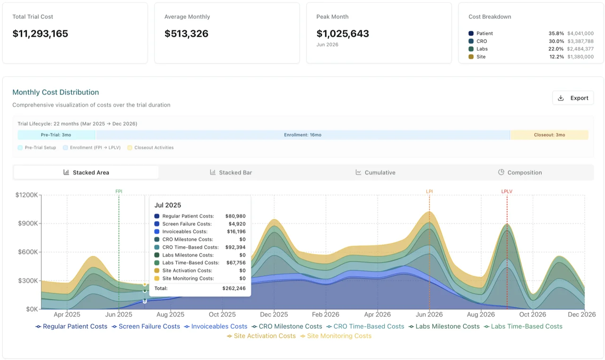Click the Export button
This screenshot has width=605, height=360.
click(573, 98)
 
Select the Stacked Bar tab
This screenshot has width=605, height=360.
click(231, 172)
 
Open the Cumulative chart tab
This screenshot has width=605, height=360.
click(376, 172)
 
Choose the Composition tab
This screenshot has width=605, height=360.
click(520, 172)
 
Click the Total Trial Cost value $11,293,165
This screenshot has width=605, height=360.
click(41, 34)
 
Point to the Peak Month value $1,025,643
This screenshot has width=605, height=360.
click(343, 34)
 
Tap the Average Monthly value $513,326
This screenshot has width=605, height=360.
click(186, 34)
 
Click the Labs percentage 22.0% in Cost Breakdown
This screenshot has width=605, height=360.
click(556, 49)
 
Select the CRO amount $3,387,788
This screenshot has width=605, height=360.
click(580, 41)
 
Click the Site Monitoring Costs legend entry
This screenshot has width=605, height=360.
click(339, 336)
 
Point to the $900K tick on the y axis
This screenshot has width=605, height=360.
click(26, 223)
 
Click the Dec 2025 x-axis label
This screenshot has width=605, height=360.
click(274, 314)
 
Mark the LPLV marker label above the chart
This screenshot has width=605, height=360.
click(507, 191)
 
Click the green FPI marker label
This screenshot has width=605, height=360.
click(119, 191)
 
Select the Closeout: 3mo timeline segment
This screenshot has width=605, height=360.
click(549, 135)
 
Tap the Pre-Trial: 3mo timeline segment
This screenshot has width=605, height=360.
click(56, 135)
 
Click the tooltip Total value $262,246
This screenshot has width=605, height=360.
click(234, 288)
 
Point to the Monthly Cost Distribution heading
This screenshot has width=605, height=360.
click(56, 92)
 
